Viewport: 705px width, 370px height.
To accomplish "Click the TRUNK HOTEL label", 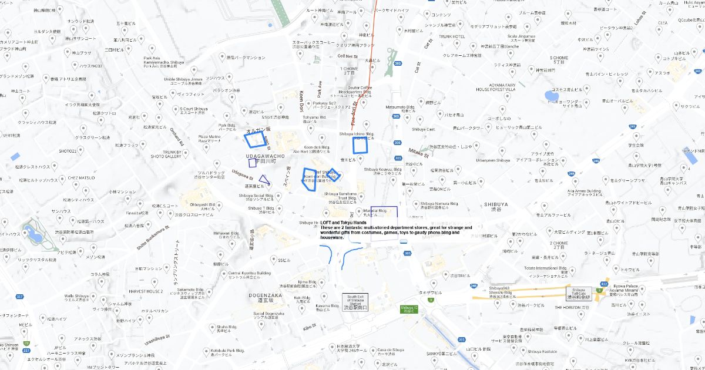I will point(452,36).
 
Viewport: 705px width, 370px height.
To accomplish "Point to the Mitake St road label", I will point(419,153).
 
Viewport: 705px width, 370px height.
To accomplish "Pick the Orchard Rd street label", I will point(177,136).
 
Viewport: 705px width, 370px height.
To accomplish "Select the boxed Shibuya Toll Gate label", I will point(579,294).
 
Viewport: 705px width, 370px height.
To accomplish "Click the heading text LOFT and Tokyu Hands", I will point(344,223).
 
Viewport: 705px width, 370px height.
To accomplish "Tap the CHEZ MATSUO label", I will point(81,177).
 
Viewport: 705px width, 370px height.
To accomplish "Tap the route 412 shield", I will point(605,284).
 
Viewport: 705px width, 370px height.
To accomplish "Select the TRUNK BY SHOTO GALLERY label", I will point(165,154).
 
